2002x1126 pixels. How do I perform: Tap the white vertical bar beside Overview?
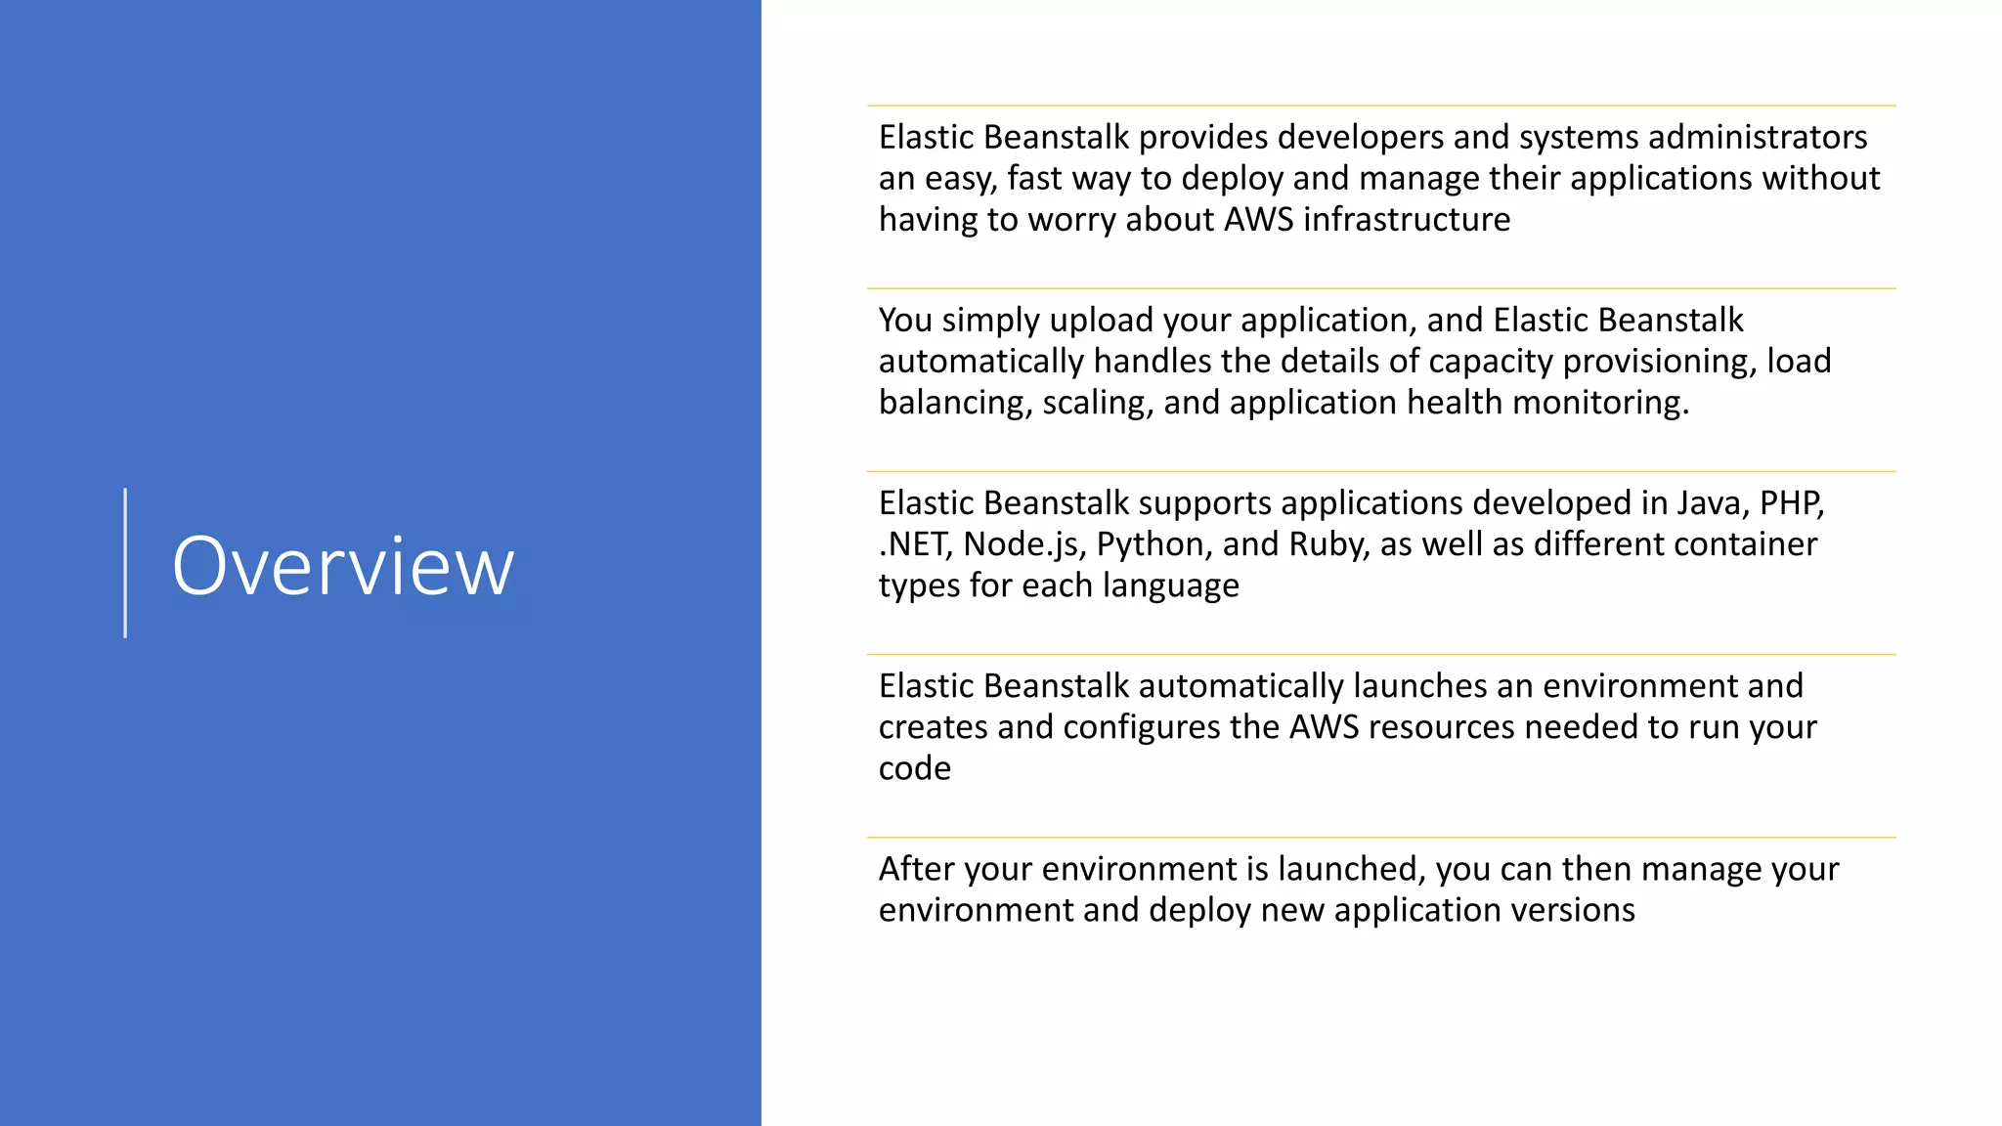(x=125, y=563)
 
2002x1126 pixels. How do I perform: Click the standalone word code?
(x=914, y=768)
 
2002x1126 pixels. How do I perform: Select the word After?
(x=914, y=868)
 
